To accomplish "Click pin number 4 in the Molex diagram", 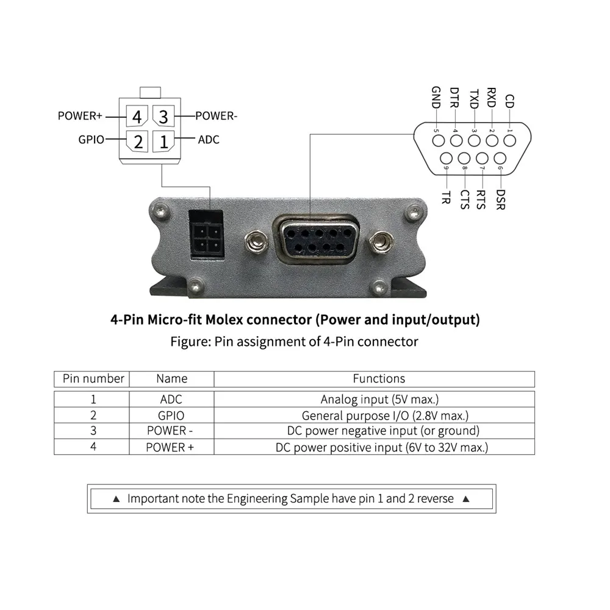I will coord(137,116).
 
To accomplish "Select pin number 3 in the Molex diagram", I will coord(163,116).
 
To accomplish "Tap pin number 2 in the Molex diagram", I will coord(138,142).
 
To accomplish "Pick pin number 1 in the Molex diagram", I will coord(163,142).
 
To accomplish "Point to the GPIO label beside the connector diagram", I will coord(91,139).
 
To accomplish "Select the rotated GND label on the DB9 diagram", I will coord(436,97).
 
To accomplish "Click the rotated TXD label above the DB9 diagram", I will coord(474,98).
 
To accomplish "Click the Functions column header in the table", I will coord(379,379).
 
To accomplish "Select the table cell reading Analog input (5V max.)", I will coord(379,400).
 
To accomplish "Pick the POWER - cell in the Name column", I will coord(171,431).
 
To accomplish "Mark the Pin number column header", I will coord(93,379).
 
